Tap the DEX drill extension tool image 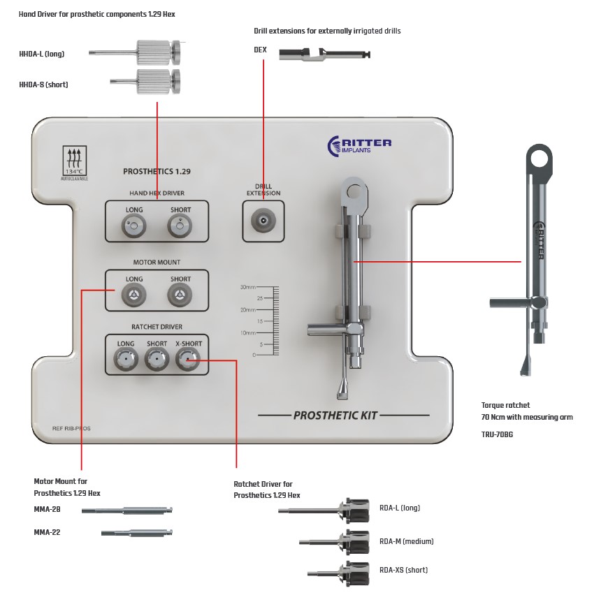pyautogui.click(x=324, y=54)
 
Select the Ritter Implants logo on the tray pyautogui.click(x=359, y=145)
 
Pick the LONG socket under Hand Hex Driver pyautogui.click(x=133, y=226)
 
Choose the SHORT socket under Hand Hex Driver pyautogui.click(x=180, y=226)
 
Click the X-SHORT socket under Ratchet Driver pyautogui.click(x=187, y=360)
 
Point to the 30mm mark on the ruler pyautogui.click(x=248, y=287)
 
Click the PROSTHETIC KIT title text pyautogui.click(x=335, y=416)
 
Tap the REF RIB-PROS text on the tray pyautogui.click(x=71, y=428)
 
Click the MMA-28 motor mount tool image pyautogui.click(x=126, y=510)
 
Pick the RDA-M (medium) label pyautogui.click(x=407, y=541)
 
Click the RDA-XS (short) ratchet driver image pyautogui.click(x=339, y=571)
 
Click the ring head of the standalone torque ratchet pyautogui.click(x=540, y=159)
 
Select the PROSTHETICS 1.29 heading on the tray pyautogui.click(x=157, y=171)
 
